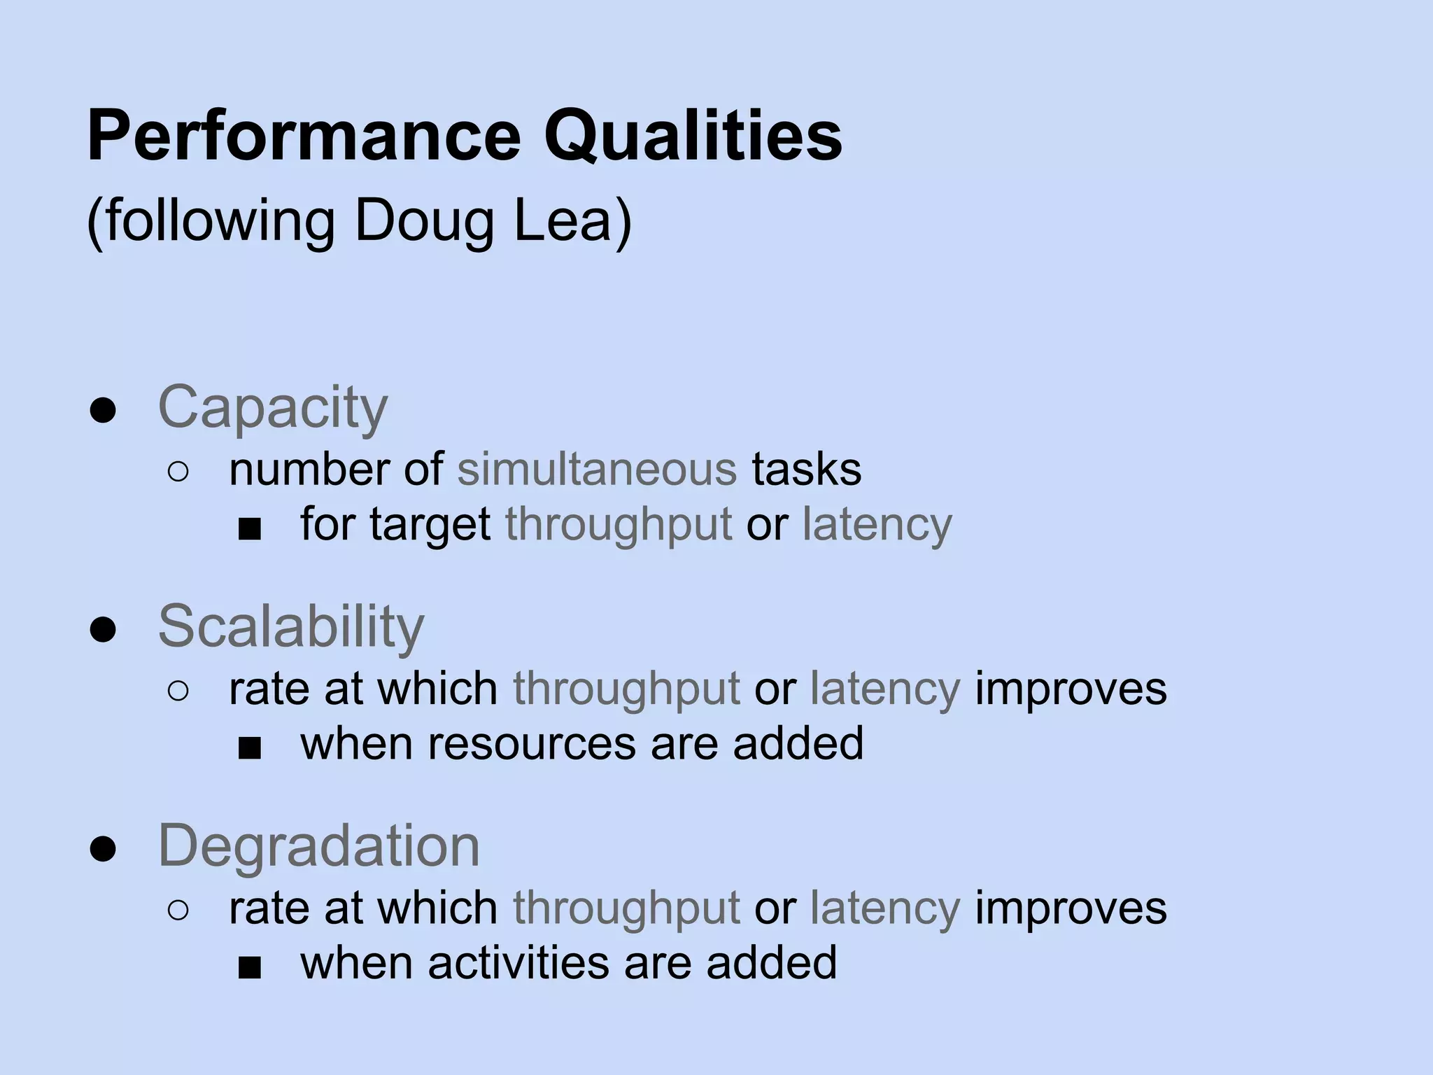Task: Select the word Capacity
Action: [272, 407]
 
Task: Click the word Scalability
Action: [291, 626]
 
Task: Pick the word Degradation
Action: [319, 845]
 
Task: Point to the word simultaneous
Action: [597, 469]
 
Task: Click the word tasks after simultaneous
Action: [807, 469]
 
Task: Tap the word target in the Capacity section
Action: [430, 524]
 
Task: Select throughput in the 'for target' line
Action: [619, 525]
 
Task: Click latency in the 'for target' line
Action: [877, 524]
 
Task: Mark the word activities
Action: [518, 962]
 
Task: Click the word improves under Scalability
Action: [1071, 689]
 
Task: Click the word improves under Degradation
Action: [1071, 908]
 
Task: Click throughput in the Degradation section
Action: [626, 909]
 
